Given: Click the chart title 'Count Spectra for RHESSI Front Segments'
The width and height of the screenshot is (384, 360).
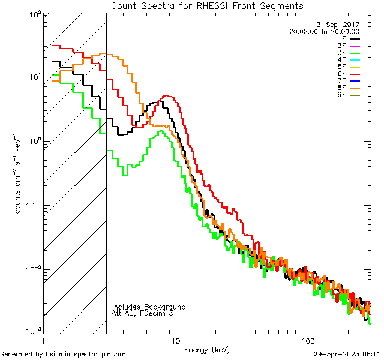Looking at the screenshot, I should [x=207, y=5].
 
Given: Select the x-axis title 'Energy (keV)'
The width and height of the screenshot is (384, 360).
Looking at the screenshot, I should [x=206, y=349].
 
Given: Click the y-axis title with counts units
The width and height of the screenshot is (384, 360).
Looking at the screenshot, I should [x=18, y=174].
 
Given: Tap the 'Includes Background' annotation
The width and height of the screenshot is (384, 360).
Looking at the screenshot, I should [x=148, y=307].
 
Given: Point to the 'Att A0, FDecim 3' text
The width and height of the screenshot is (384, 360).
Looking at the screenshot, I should [x=143, y=313].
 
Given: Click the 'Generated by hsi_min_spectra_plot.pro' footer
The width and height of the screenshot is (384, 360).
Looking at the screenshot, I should [x=63, y=355].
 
